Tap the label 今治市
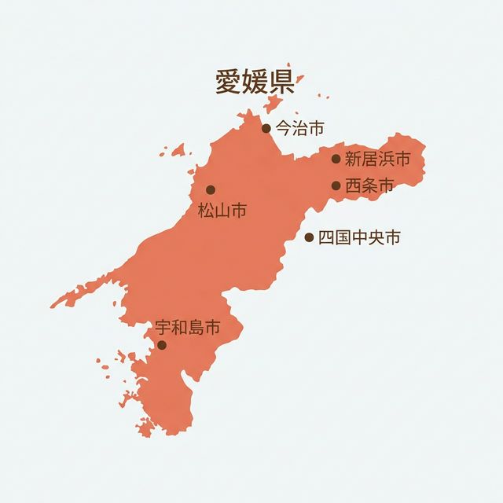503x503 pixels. tap(299, 127)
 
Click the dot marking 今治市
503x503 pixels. tap(266, 128)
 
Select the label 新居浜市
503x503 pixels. tap(377, 159)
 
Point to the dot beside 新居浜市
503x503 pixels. tap(336, 159)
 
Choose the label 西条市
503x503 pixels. tap(369, 186)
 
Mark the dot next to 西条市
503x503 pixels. tap(336, 186)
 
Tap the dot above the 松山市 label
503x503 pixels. tap(211, 189)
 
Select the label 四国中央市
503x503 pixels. tap(359, 237)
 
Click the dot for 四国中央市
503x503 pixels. tap(309, 237)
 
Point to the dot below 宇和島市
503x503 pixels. tap(162, 345)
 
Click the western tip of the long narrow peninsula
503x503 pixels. tap(53, 304)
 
